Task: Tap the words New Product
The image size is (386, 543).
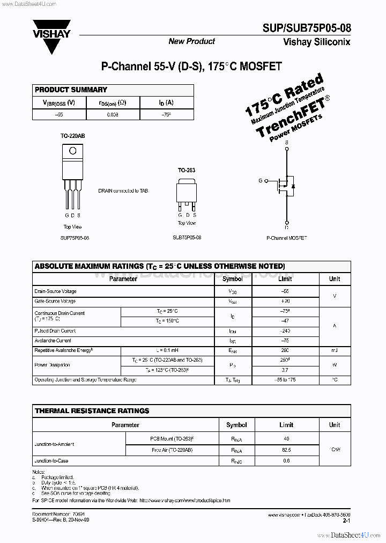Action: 191,41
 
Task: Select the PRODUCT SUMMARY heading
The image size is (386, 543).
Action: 71,90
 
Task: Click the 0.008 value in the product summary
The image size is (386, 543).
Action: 113,115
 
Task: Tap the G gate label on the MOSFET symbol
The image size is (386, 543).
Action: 261,181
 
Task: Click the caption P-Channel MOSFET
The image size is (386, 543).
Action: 286,237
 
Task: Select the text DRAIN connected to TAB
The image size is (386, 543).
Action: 123,190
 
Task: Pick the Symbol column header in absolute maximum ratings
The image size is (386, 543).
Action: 232,279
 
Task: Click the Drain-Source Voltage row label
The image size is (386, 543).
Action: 55,291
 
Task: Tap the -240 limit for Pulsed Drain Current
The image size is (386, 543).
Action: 285,332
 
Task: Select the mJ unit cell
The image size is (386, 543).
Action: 334,350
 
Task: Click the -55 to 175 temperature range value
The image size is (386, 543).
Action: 285,380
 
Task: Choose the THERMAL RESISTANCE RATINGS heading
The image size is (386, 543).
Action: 92,411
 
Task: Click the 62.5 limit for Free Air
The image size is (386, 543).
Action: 286,450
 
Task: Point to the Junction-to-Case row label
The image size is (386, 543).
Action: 51,461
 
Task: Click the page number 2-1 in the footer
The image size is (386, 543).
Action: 346,520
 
